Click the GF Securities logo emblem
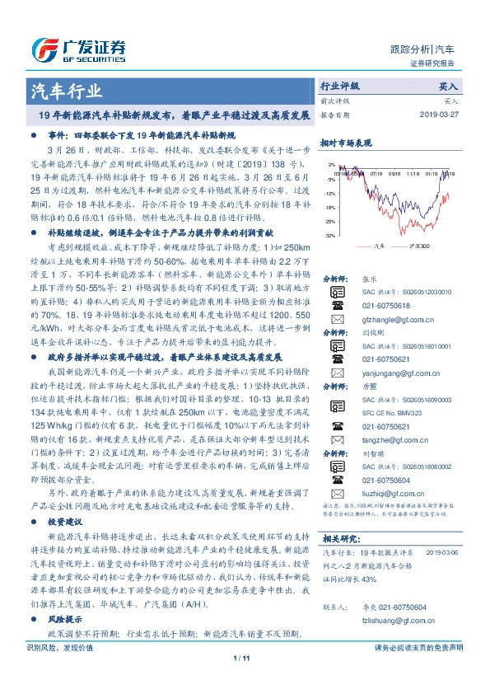pos(44,49)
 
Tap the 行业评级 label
pos(339,86)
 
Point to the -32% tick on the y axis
pos(329,235)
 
